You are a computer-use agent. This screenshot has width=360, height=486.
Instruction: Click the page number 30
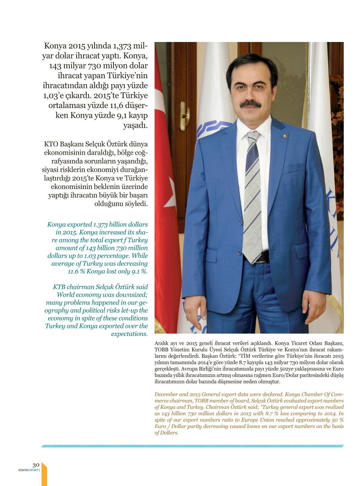coord(36,465)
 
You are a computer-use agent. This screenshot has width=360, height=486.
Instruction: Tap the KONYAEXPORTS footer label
coord(29,470)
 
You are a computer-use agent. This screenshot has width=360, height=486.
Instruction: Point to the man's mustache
coord(251,103)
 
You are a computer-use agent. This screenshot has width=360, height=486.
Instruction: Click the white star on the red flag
coord(170,197)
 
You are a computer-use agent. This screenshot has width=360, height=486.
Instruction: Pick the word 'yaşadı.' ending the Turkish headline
coord(135,125)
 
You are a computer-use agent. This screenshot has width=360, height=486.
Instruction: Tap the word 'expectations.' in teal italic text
coord(129,334)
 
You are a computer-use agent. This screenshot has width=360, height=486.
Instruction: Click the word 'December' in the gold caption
coord(166,394)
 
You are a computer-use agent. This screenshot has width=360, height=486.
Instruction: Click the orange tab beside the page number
coord(44,474)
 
